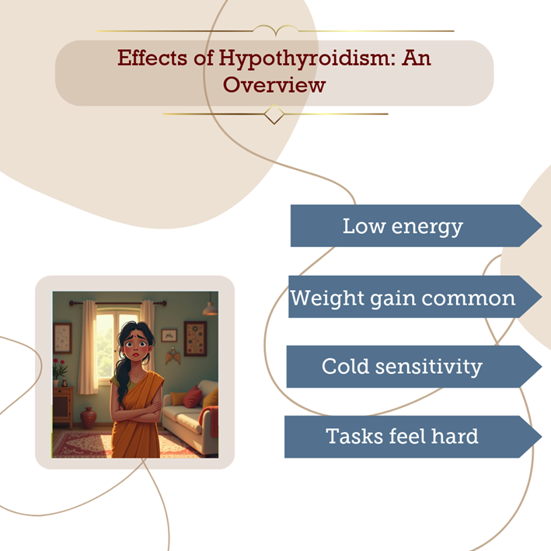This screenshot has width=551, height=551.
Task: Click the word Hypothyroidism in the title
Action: [x=305, y=58]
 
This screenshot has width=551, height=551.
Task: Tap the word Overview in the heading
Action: [x=274, y=85]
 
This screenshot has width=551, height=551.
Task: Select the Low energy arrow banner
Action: [x=416, y=225]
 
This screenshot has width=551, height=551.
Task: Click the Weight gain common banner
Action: [x=415, y=297]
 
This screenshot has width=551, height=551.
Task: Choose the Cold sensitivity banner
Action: [x=413, y=367]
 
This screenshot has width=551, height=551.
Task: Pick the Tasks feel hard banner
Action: [x=413, y=437]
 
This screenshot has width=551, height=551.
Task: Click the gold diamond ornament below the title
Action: [x=274, y=114]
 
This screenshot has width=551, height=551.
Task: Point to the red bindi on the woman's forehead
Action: [x=134, y=336]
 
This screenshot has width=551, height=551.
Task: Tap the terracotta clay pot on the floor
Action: [x=88, y=417]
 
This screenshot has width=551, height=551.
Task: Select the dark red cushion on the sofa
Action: [x=192, y=396]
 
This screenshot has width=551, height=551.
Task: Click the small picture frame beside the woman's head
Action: [x=169, y=335]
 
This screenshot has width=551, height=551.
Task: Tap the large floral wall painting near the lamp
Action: [x=195, y=338]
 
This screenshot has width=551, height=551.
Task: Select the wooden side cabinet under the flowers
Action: [x=63, y=407]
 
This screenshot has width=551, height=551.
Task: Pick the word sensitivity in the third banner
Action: [x=429, y=367]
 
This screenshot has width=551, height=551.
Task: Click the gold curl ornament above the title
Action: [x=276, y=30]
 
